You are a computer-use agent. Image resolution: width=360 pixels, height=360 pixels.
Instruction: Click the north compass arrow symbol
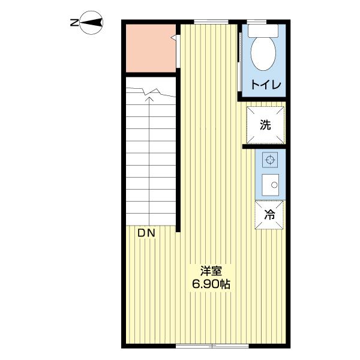pyautogui.click(x=93, y=23)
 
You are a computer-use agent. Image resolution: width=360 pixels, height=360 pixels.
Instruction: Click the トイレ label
pyautogui.click(x=265, y=85)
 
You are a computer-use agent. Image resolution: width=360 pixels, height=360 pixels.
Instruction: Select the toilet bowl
pyautogui.click(x=263, y=53)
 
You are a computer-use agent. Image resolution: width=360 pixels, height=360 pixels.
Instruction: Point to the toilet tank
pyautogui.click(x=263, y=29)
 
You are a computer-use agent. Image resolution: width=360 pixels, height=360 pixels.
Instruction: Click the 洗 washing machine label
pyautogui.click(x=265, y=125)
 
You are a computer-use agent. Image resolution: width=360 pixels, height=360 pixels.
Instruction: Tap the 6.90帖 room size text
pyautogui.click(x=210, y=284)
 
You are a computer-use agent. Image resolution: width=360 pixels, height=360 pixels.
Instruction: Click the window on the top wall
pyautogui.click(x=211, y=22)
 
